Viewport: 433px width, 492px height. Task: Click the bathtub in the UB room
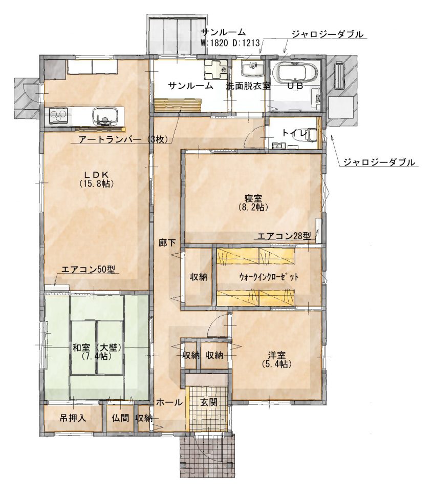[x=295, y=72]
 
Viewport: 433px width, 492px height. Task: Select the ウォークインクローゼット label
[x=268, y=277]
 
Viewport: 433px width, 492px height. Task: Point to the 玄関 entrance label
[x=208, y=402]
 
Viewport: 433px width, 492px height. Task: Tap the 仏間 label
[x=121, y=418]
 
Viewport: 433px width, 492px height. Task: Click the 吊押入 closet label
[x=73, y=418]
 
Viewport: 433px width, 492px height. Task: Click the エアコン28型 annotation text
[x=284, y=236]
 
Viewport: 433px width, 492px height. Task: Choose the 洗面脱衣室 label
[x=248, y=86]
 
